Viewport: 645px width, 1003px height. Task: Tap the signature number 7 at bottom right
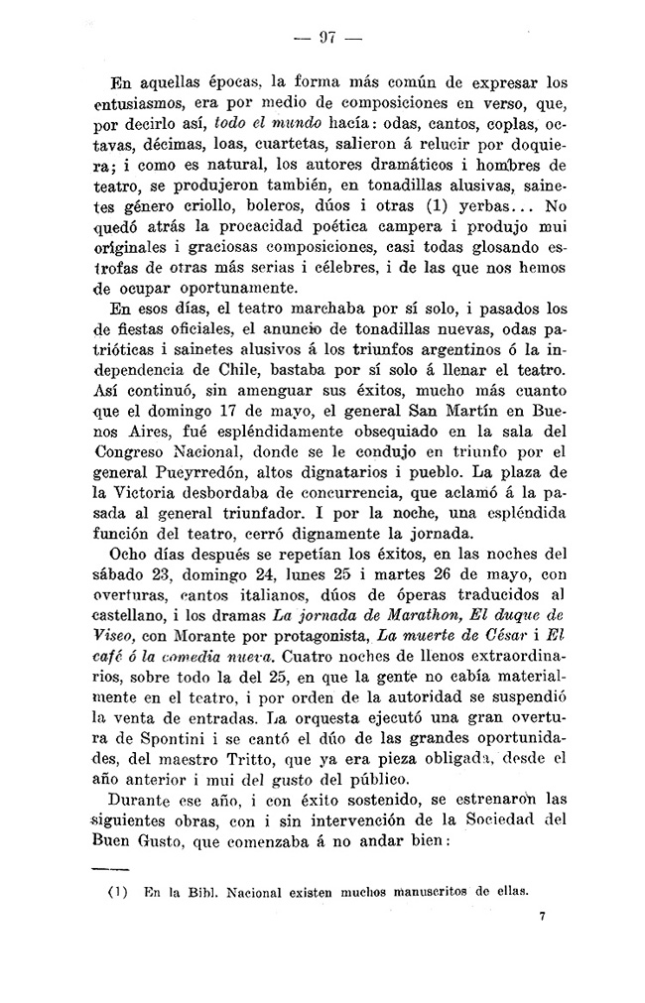click(543, 918)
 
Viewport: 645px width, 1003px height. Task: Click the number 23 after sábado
click(160, 557)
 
